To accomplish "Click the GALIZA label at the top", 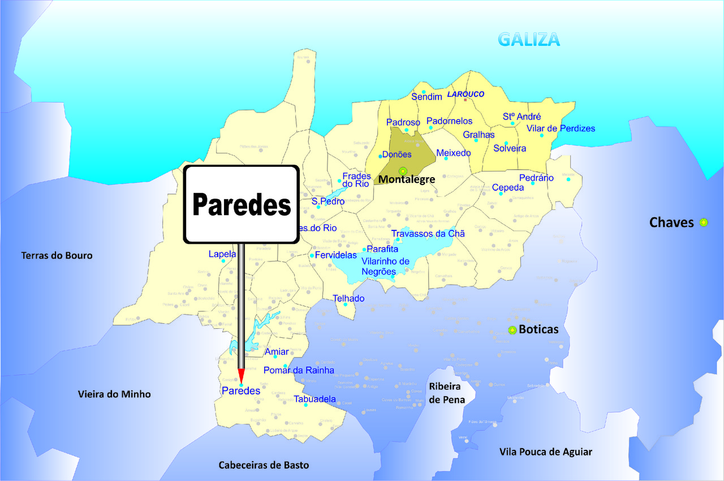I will [x=529, y=39].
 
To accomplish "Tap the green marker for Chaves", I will [x=704, y=222].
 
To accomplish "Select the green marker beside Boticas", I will [x=512, y=330].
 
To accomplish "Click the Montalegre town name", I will [x=407, y=179].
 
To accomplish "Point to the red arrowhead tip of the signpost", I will [x=241, y=383].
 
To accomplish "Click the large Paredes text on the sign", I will [x=242, y=204].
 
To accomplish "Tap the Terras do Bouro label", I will [x=57, y=255].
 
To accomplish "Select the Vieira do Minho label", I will [x=114, y=394].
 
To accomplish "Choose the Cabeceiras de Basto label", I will [x=264, y=465].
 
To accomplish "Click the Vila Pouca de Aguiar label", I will [x=546, y=452].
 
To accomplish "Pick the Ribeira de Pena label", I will [x=447, y=393].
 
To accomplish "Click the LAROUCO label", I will [x=466, y=94].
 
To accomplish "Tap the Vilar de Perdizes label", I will [x=561, y=128].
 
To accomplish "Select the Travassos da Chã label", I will [x=428, y=234].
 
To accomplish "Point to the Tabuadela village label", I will [x=314, y=399].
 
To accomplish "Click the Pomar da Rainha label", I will [x=299, y=371].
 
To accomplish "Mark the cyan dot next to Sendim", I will [x=423, y=92].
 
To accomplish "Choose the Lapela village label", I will [x=222, y=254].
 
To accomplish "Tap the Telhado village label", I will [x=348, y=298].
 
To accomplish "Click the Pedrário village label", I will [x=536, y=178].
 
